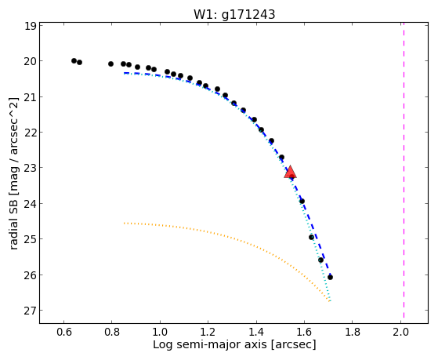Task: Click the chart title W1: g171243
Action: (x=234, y=14)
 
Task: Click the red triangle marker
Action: (x=290, y=172)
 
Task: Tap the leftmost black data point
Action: (x=74, y=60)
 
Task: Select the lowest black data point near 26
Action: (x=330, y=277)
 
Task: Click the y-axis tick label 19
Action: (x=30, y=26)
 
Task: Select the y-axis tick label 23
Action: (x=30, y=168)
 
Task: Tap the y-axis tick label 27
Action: (x=30, y=311)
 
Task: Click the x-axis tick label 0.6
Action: (x=64, y=332)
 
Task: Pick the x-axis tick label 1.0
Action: (x=160, y=332)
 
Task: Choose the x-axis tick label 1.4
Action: (x=256, y=332)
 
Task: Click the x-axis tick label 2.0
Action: (x=400, y=332)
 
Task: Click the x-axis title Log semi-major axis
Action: (x=209, y=345)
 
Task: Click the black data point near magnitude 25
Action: (x=312, y=237)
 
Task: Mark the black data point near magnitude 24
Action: (x=302, y=201)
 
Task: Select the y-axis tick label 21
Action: (x=30, y=96)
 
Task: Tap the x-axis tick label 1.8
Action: (x=352, y=332)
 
